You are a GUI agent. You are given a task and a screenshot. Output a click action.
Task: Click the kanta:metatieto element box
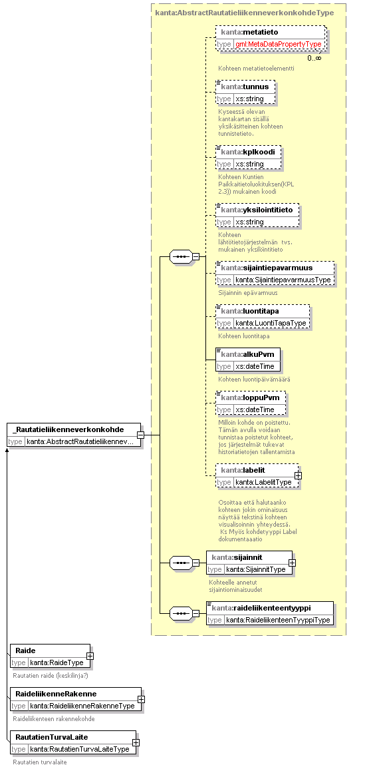pyautogui.click(x=271, y=38)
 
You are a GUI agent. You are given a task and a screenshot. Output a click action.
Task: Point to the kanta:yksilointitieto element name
pyautogui.click(x=257, y=210)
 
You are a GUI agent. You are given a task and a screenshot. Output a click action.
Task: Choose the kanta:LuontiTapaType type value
pyautogui.click(x=271, y=323)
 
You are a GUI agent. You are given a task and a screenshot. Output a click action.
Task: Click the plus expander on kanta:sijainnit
pyautogui.click(x=292, y=563)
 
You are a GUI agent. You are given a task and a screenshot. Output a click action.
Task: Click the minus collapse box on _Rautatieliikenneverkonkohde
pyautogui.click(x=141, y=435)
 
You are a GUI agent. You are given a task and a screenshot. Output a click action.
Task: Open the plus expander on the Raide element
pyautogui.click(x=90, y=656)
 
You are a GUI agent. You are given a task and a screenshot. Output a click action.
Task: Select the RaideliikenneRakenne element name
pyautogui.click(x=56, y=694)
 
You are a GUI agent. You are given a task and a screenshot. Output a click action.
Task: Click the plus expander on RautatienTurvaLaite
pyautogui.click(x=136, y=742)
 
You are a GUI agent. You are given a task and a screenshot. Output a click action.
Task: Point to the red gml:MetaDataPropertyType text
pyautogui.click(x=278, y=44)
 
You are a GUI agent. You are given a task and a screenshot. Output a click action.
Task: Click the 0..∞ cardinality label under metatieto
pyautogui.click(x=314, y=59)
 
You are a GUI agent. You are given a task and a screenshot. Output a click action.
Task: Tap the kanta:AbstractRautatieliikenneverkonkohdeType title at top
pyautogui.click(x=244, y=13)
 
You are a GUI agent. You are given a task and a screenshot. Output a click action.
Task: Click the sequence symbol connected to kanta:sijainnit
pyautogui.click(x=180, y=563)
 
